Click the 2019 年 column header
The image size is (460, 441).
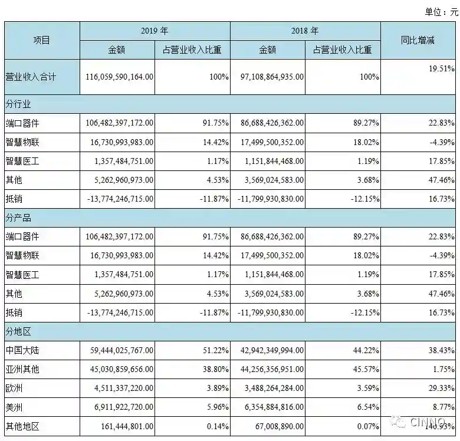tap(155, 31)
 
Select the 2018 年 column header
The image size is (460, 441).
tap(305, 31)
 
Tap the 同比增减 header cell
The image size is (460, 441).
tap(418, 40)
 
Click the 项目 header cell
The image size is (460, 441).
tap(41, 40)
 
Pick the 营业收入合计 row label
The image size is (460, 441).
tap(31, 77)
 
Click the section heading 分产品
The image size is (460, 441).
tap(18, 218)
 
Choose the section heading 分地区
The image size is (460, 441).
tap(18, 331)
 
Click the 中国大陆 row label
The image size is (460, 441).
tap(22, 350)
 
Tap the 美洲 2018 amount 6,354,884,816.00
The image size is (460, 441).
tap(269, 407)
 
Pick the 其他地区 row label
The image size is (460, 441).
tap(22, 426)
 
